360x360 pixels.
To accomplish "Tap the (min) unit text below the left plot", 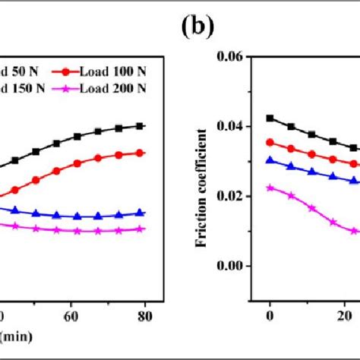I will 16,335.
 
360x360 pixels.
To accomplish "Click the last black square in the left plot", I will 137,126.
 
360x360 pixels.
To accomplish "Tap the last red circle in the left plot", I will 137,153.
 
